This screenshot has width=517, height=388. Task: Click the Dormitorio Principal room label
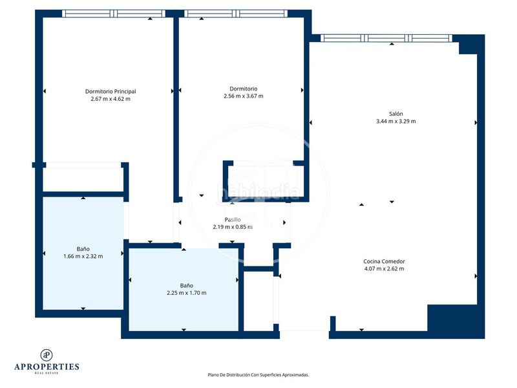[111, 91]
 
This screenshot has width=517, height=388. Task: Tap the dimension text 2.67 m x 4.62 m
[111, 99]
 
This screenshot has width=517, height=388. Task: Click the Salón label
[396, 113]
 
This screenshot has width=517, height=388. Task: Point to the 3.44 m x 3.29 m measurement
[396, 121]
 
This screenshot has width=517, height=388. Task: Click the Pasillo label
[232, 220]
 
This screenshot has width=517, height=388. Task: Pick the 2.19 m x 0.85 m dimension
[232, 227]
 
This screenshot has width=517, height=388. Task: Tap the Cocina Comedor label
[384, 261]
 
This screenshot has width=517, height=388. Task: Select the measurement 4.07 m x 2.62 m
[384, 268]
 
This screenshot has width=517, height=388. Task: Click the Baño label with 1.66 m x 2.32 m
[83, 248]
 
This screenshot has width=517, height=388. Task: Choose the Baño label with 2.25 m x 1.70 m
[186, 285]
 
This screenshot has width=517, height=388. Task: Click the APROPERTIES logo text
[47, 367]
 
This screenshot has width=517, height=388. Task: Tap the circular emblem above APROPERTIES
[47, 354]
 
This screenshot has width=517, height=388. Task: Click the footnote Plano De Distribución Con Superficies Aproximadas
[258, 374]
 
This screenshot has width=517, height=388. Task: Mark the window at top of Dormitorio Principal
[114, 13]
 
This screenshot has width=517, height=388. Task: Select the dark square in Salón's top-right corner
[470, 45]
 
